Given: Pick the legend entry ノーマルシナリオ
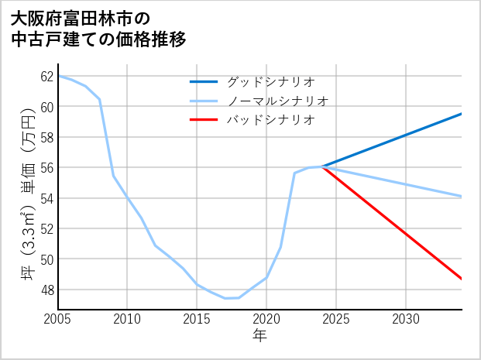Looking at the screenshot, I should point(277,101).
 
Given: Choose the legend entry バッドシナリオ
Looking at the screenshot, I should point(270,120).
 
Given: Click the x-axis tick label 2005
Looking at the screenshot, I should point(58,319).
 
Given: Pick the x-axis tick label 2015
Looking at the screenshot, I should point(197,319).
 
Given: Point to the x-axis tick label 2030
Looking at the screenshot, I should point(406,319).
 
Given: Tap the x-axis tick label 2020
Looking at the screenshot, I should point(266,319).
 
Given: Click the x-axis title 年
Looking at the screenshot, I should point(259,335).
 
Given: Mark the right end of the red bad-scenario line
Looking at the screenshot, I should point(461,279).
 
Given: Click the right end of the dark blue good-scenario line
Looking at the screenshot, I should point(461,114).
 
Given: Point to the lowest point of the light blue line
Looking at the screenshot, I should point(225,298).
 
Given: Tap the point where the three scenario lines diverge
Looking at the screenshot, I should point(323,166).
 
